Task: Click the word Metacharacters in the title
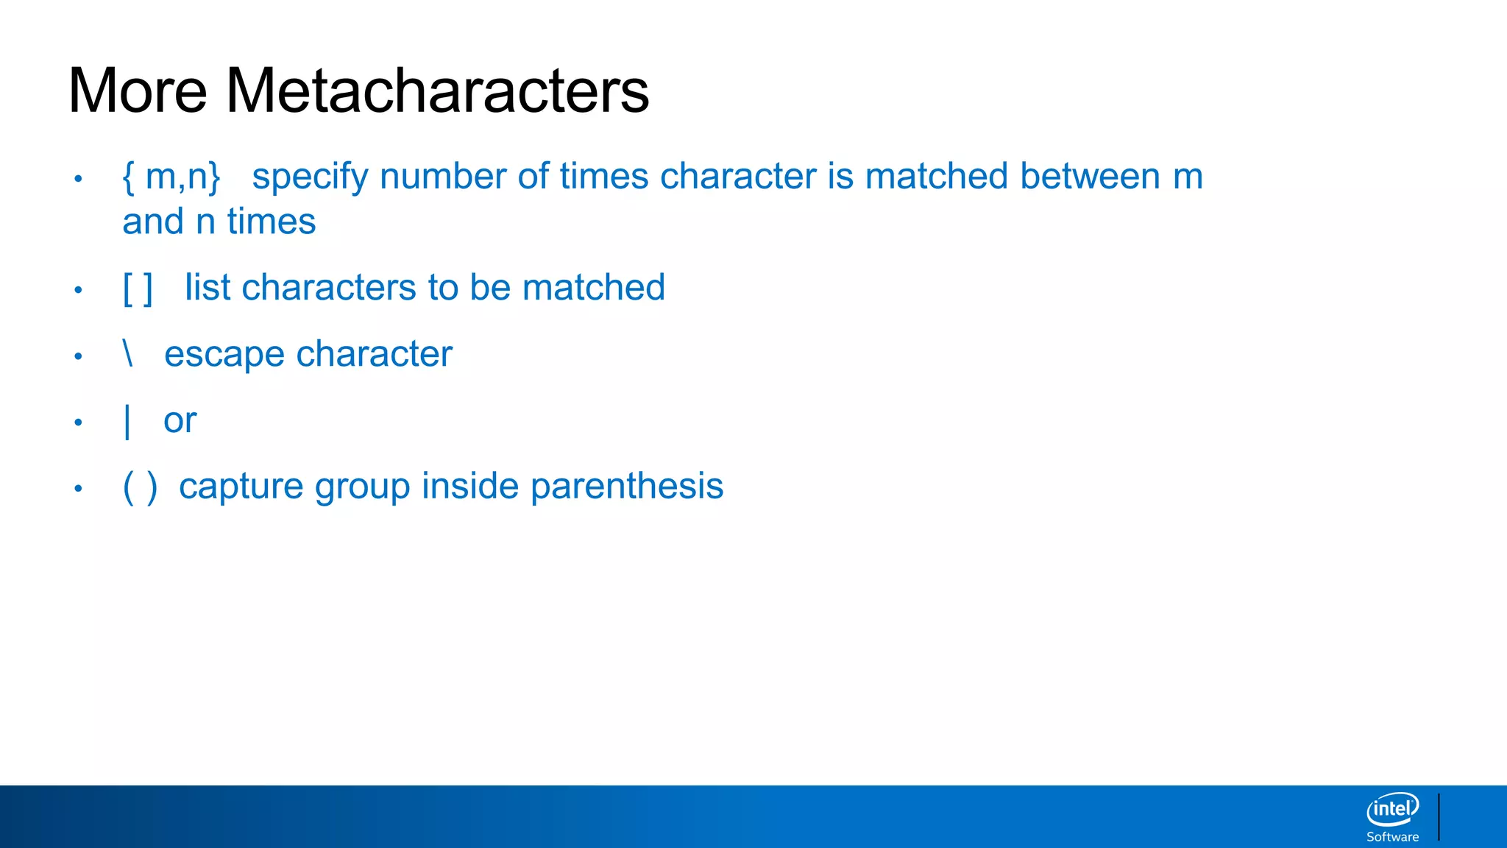437,91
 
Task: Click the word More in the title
138,91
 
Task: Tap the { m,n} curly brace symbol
171,177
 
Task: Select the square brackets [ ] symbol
138,288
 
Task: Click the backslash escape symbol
128,353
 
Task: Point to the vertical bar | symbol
128,421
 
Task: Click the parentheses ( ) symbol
140,487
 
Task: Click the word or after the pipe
180,420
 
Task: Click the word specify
309,177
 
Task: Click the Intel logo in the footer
1392,810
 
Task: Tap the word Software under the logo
1392,837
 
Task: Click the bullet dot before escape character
78,356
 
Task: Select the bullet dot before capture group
78,488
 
